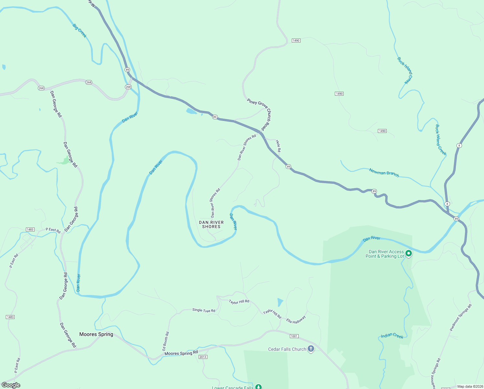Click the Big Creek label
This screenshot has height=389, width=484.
80,30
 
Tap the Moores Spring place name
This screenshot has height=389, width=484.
96,334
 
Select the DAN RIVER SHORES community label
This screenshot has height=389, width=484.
211,224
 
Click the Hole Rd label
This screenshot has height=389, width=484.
278,146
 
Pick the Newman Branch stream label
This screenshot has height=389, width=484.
384,172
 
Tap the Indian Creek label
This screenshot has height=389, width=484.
392,336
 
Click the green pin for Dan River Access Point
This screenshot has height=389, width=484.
409,253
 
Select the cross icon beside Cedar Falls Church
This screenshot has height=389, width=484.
311,349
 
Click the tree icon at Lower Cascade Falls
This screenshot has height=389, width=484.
258,386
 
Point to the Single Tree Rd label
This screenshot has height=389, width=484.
203,310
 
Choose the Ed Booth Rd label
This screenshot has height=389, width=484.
166,341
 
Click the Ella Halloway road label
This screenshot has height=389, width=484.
296,320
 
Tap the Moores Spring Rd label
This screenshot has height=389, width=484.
181,353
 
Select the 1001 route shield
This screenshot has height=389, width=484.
294,336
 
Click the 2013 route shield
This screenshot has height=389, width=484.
203,357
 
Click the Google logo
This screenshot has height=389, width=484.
11,385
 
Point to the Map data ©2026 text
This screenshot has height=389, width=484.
470,386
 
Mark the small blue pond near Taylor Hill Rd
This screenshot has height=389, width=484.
280,302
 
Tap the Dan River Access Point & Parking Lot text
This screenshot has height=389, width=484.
385,254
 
